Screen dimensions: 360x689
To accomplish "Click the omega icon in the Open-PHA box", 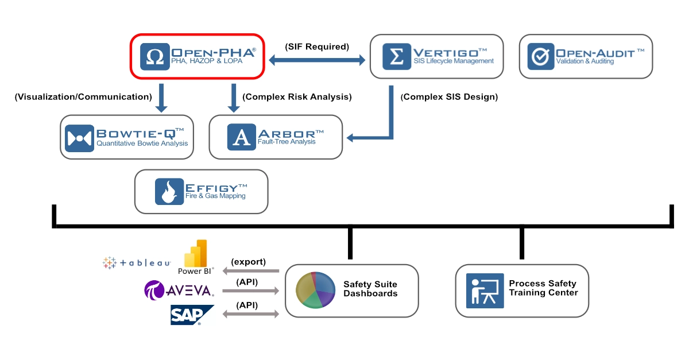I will click(x=155, y=56).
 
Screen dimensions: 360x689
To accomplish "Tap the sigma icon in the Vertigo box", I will click(x=396, y=56).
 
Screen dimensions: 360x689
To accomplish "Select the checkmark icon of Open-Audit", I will click(x=540, y=57).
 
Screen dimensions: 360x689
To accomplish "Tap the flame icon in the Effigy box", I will click(x=169, y=192).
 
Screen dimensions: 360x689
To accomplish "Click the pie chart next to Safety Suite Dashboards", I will click(x=315, y=291).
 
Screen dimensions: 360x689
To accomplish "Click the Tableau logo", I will click(x=137, y=263).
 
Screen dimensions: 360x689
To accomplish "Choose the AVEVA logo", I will click(x=178, y=291).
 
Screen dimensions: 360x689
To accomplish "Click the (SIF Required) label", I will click(x=317, y=47).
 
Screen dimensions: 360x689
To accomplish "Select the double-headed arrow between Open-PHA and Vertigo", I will click(x=317, y=59).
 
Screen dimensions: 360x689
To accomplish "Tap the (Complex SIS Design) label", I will click(x=449, y=97).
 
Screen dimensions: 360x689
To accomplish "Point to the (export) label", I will click(x=248, y=262).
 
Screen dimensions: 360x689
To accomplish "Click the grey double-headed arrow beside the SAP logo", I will click(x=250, y=314).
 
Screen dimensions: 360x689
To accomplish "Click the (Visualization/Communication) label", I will click(x=83, y=97).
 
